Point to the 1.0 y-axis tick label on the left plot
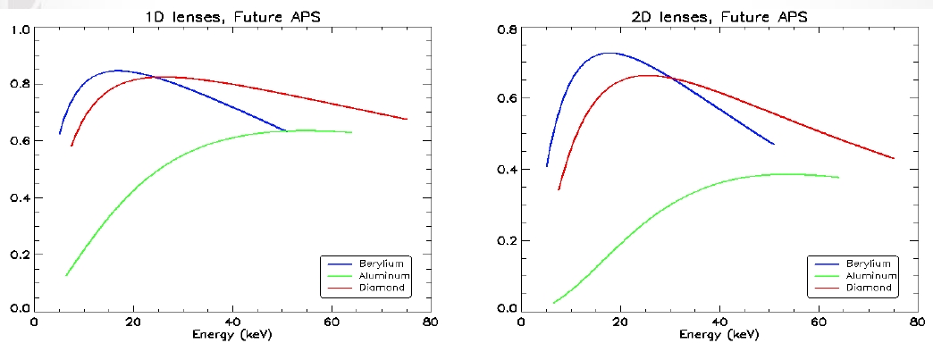[19, 29]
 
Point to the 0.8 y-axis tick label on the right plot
[506, 29]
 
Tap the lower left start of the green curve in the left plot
[65, 275]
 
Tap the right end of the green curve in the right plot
[838, 178]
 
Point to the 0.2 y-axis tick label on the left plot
[19, 255]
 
